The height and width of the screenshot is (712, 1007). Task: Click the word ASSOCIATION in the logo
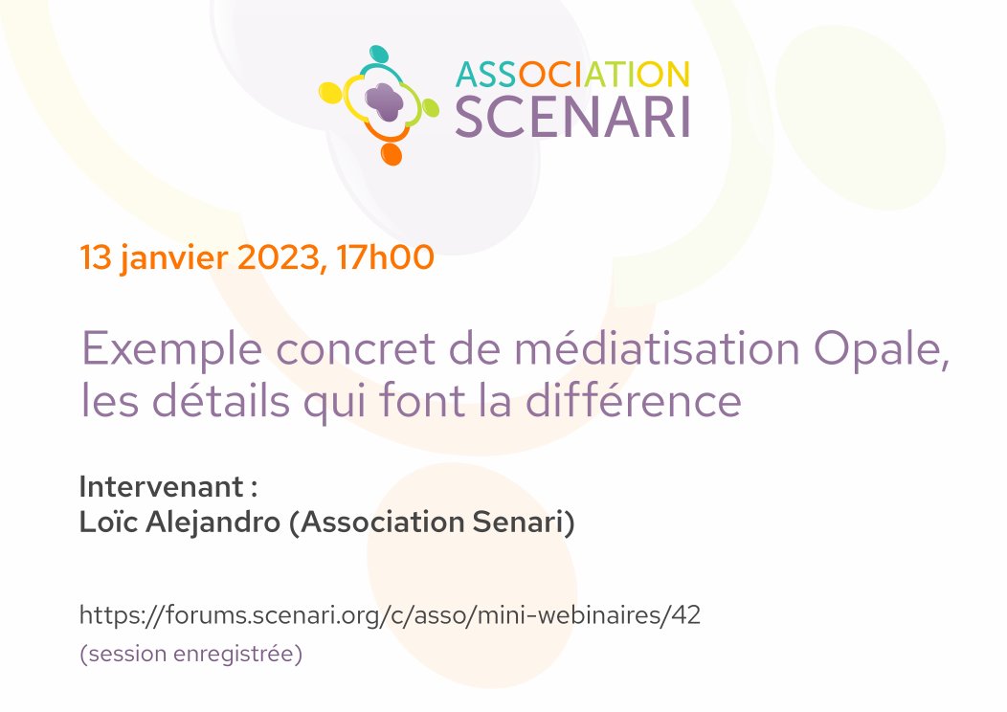point(571,75)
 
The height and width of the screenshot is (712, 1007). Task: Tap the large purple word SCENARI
point(571,116)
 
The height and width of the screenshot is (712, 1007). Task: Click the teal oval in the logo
point(379,55)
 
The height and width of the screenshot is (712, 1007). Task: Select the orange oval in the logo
point(390,152)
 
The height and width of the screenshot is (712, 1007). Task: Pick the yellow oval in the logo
point(330,93)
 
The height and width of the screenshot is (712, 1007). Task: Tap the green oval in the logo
point(430,108)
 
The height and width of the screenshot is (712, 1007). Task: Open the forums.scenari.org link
point(390,615)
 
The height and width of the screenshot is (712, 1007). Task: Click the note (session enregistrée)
point(190,656)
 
